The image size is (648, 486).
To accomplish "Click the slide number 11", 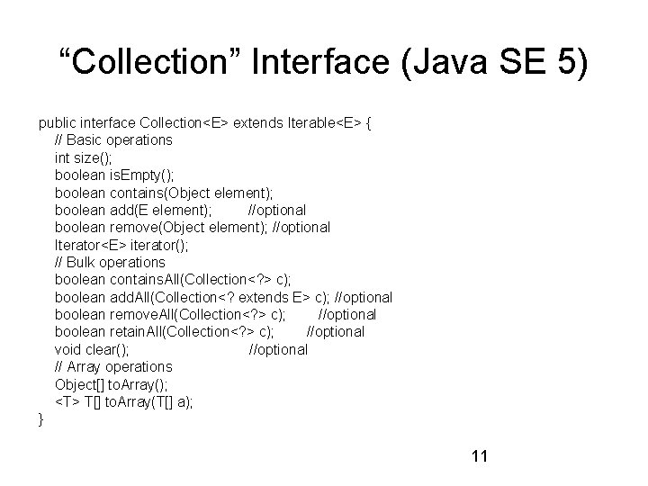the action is pos(479,456).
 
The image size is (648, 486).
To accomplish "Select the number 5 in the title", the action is pos(576,66).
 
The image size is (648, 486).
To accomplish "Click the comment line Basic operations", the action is pos(113,139).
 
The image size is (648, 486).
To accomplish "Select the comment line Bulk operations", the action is pos(110,262).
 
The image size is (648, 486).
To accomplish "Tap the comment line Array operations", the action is pos(113,366).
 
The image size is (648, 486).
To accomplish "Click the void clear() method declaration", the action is pos(92,349).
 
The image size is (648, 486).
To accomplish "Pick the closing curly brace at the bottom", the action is pos(40,418).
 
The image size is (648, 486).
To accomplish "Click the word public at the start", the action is pos(57,122).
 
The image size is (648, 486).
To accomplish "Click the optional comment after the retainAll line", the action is pos(336,331).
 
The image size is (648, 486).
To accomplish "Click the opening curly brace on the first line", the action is pos(370,122).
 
